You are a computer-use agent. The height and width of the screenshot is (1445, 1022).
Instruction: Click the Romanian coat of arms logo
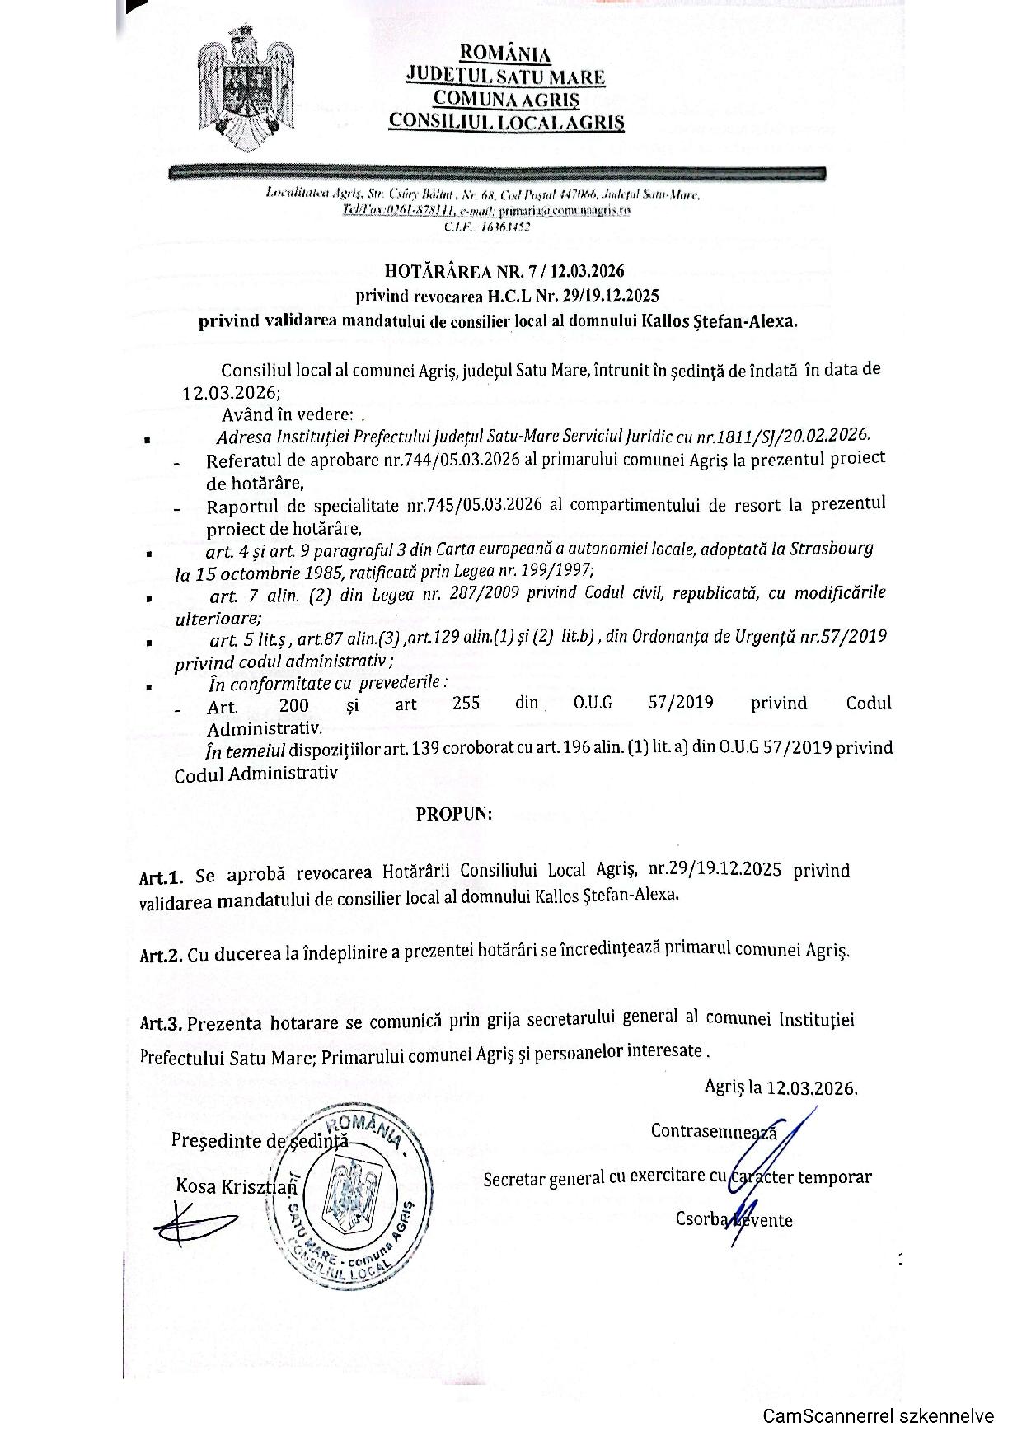click(x=245, y=88)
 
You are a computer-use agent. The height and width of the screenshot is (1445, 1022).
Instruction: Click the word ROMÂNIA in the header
click(x=505, y=54)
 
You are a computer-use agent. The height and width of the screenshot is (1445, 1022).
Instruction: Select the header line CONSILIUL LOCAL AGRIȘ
click(x=506, y=122)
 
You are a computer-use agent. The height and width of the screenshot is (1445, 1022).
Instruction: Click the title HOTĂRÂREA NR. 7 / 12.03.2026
click(x=504, y=271)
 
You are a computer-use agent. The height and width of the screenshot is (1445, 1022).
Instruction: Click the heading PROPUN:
click(x=453, y=814)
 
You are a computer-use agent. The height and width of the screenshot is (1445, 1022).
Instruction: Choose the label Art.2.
click(x=161, y=956)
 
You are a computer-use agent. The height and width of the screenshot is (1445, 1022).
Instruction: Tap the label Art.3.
click(x=161, y=1024)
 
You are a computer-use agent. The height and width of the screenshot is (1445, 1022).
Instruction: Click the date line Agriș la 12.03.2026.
click(x=781, y=1087)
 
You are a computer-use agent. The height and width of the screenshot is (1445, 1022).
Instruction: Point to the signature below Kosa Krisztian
click(x=194, y=1223)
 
